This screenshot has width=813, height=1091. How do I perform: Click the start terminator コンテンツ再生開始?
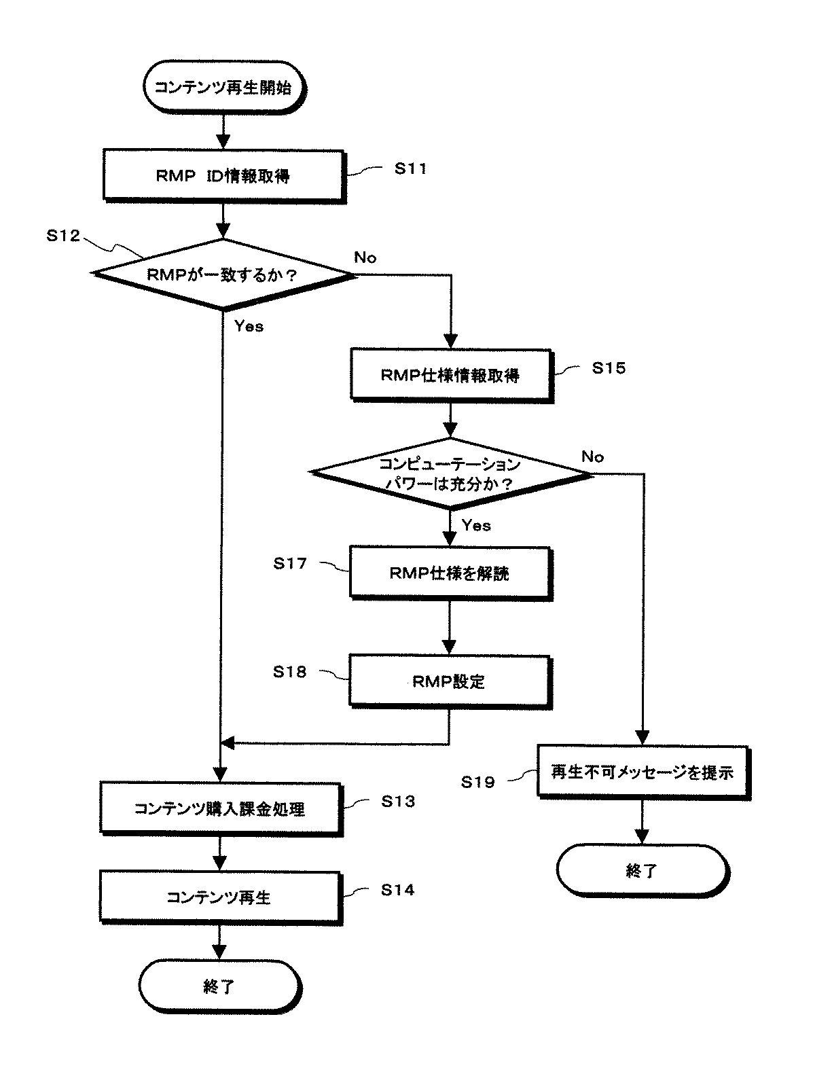223,87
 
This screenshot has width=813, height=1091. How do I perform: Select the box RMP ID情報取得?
223,175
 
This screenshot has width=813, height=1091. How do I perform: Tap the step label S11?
410,168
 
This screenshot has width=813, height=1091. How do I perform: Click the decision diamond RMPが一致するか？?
223,275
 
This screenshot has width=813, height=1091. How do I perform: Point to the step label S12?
62,236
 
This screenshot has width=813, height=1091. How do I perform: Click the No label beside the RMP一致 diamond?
365,257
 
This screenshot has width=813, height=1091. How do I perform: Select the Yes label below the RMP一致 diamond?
249,326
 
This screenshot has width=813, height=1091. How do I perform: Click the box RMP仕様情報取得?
450,374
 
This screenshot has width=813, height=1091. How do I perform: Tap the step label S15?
608,368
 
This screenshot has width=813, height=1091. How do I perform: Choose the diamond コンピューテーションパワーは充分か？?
450,473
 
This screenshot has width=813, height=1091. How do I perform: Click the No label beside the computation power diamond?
592,457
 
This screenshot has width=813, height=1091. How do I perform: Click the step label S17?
290,563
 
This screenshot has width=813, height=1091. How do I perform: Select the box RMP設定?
448,681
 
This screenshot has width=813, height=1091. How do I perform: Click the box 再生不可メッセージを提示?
642,772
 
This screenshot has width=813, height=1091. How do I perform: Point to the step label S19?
477,782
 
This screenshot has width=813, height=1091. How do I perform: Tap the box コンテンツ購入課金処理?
219,808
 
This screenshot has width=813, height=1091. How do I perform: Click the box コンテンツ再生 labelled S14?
219,897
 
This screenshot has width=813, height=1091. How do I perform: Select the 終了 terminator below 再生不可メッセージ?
641,870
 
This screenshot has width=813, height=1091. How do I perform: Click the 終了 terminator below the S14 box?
219,986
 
